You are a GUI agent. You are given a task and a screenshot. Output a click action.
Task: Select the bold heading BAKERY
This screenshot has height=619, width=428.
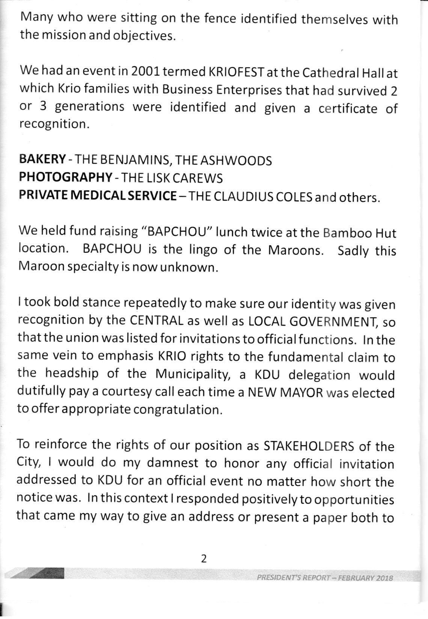click(42, 160)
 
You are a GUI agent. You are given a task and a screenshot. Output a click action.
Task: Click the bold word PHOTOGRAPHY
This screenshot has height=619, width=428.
click(66, 177)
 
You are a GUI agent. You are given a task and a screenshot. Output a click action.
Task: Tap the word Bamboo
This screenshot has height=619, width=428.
click(342, 233)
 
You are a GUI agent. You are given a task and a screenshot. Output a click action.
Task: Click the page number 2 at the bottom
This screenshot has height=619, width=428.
click(204, 559)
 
